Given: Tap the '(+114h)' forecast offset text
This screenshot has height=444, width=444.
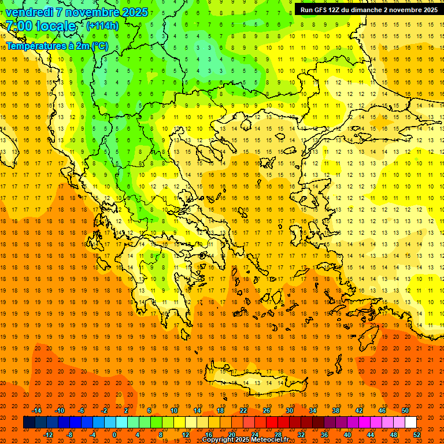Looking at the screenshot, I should [x=102, y=26].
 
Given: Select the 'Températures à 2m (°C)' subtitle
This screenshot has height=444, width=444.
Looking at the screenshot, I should [x=57, y=46].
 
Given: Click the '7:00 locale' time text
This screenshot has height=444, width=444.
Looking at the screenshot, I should [x=40, y=26].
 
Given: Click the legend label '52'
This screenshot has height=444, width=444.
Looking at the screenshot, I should [x=417, y=435].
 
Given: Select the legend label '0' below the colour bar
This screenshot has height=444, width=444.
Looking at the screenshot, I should [x=114, y=435].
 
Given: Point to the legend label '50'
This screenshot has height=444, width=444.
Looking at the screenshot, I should [x=405, y=410].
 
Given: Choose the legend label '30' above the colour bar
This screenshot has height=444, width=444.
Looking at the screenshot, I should [x=289, y=410].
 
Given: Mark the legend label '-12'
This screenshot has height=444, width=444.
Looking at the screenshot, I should [x=48, y=435].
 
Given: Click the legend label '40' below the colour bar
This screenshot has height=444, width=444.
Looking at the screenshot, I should [x=347, y=435].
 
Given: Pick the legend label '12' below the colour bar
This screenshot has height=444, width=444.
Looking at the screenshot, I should [x=185, y=435].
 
